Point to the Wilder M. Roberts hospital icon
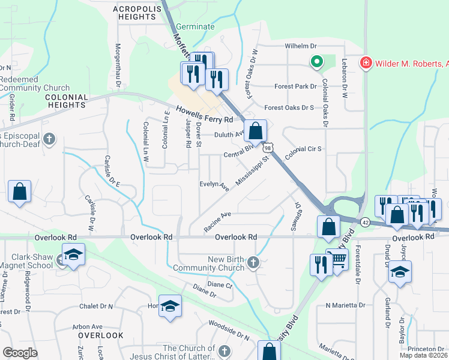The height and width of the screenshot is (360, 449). (x=365, y=62)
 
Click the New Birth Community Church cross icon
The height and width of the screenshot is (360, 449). (x=254, y=262)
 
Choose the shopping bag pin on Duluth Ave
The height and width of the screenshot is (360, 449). (x=255, y=130)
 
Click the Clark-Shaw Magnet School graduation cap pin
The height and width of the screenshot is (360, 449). (x=73, y=254)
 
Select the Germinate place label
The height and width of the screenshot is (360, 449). (x=195, y=27)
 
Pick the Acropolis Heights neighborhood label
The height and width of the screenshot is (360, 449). (x=135, y=12)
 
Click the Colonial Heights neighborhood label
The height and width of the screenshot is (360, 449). (x=67, y=101)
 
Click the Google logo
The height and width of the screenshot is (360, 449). (x=20, y=352)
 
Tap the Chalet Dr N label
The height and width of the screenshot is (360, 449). (x=96, y=306)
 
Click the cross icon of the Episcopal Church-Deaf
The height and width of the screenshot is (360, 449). (x=50, y=140)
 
